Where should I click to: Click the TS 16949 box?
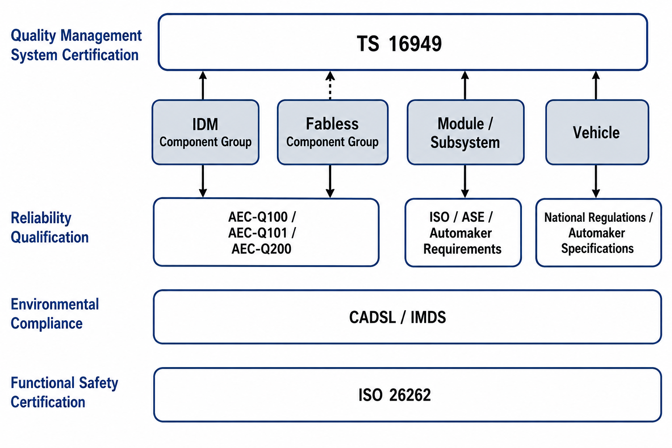pos(402,42)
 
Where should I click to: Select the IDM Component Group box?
pos(206,132)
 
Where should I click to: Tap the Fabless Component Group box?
pos(332,132)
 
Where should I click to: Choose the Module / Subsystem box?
pos(465,132)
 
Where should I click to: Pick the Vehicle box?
pos(597,132)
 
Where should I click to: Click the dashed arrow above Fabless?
pos(330,85)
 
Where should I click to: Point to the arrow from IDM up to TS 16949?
pos(203,85)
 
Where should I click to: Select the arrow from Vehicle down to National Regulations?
pos(596,181)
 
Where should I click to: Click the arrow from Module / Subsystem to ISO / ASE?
pos(465,181)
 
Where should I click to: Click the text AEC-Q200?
pos(261,249)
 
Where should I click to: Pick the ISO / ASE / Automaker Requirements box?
pos(463,233)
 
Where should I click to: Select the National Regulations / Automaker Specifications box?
pos(598,233)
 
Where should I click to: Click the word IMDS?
pos(428,318)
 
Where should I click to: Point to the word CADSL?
pos(372,318)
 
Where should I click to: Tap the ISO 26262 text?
pos(395,395)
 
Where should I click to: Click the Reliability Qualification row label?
pos(50,227)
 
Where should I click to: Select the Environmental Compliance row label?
pos(55,314)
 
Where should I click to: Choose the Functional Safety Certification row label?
pos(64,392)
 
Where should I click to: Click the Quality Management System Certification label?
pos(76,45)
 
